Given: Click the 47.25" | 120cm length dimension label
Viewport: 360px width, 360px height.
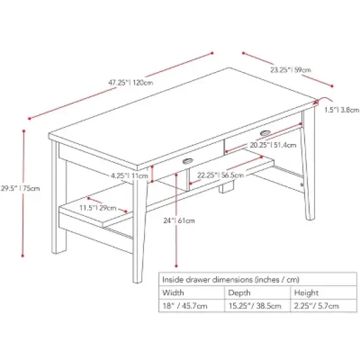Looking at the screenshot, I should coord(131,83).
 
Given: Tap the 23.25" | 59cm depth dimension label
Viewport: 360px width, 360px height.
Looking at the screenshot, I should coord(291,69).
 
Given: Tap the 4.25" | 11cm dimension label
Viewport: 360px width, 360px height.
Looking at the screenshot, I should coord(128,176).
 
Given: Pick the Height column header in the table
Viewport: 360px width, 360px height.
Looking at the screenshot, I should coord(305,293).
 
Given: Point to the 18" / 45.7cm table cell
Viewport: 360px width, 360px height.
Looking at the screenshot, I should coord(185,306).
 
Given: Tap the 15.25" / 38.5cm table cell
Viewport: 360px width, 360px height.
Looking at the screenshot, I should coord(255,306).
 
